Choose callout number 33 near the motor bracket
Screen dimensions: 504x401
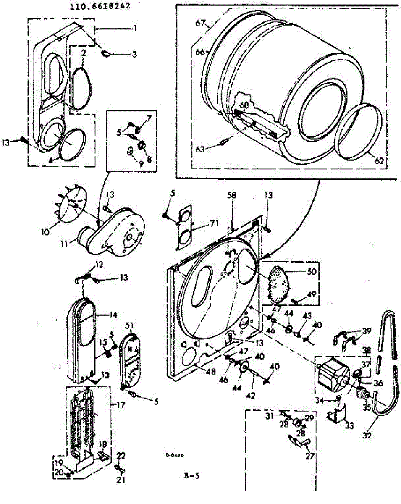pyautogui.click(x=349, y=425)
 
